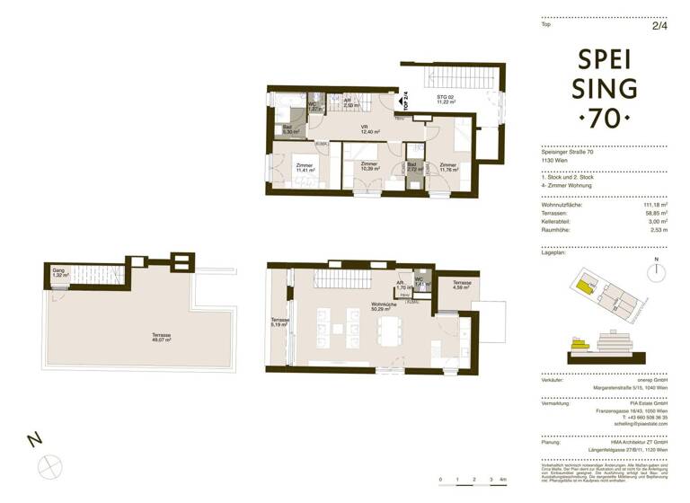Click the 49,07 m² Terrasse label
pos(162,338)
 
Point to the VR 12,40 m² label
pos(365,129)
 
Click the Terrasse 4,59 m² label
pos(462,285)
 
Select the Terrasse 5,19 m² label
pos(279,323)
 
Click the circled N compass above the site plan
pos(657,270)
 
